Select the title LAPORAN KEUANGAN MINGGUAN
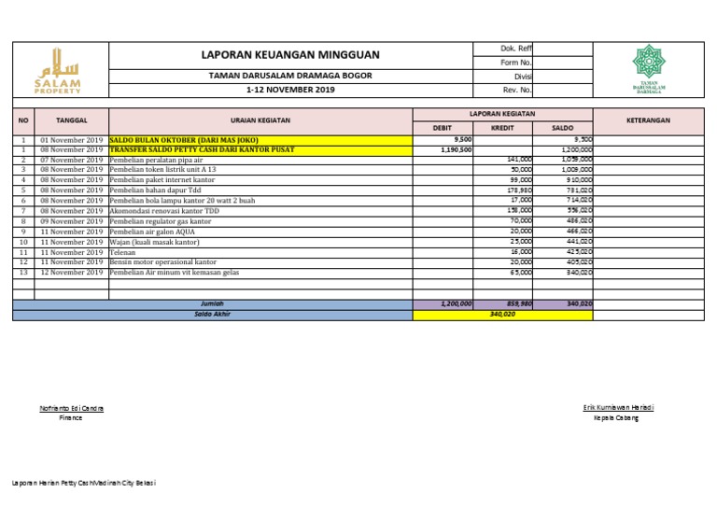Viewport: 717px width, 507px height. coord(290,55)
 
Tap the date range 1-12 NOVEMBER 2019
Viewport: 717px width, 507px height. coord(290,90)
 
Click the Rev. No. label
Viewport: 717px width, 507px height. coord(518,90)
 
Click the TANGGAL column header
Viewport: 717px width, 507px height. coord(72,120)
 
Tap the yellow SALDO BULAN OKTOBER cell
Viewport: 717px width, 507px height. coord(183,139)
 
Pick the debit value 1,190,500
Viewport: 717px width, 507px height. coord(456,149)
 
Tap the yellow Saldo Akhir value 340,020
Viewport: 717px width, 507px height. coord(502,315)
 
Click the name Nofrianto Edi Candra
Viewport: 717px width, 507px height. coord(71,408)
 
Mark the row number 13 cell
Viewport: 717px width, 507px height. coord(23,273)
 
